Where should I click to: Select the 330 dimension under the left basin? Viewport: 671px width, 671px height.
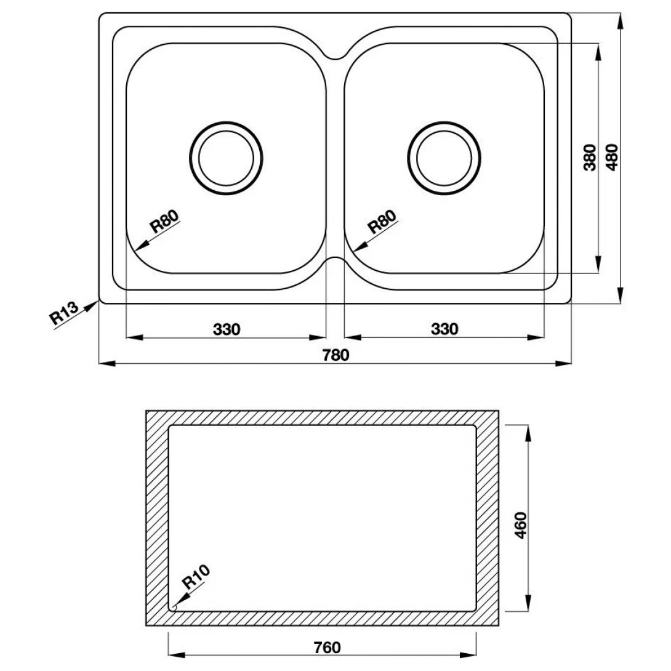coord(226,329)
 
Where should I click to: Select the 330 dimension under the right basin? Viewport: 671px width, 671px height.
coord(444,329)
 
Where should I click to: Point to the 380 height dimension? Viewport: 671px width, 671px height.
coord(589,157)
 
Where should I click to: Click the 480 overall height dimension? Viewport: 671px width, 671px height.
coord(611,157)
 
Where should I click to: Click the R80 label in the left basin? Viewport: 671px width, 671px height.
coord(164,221)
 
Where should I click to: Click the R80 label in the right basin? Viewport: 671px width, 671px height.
coord(382,221)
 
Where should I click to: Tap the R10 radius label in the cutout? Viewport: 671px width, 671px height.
coord(196,577)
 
